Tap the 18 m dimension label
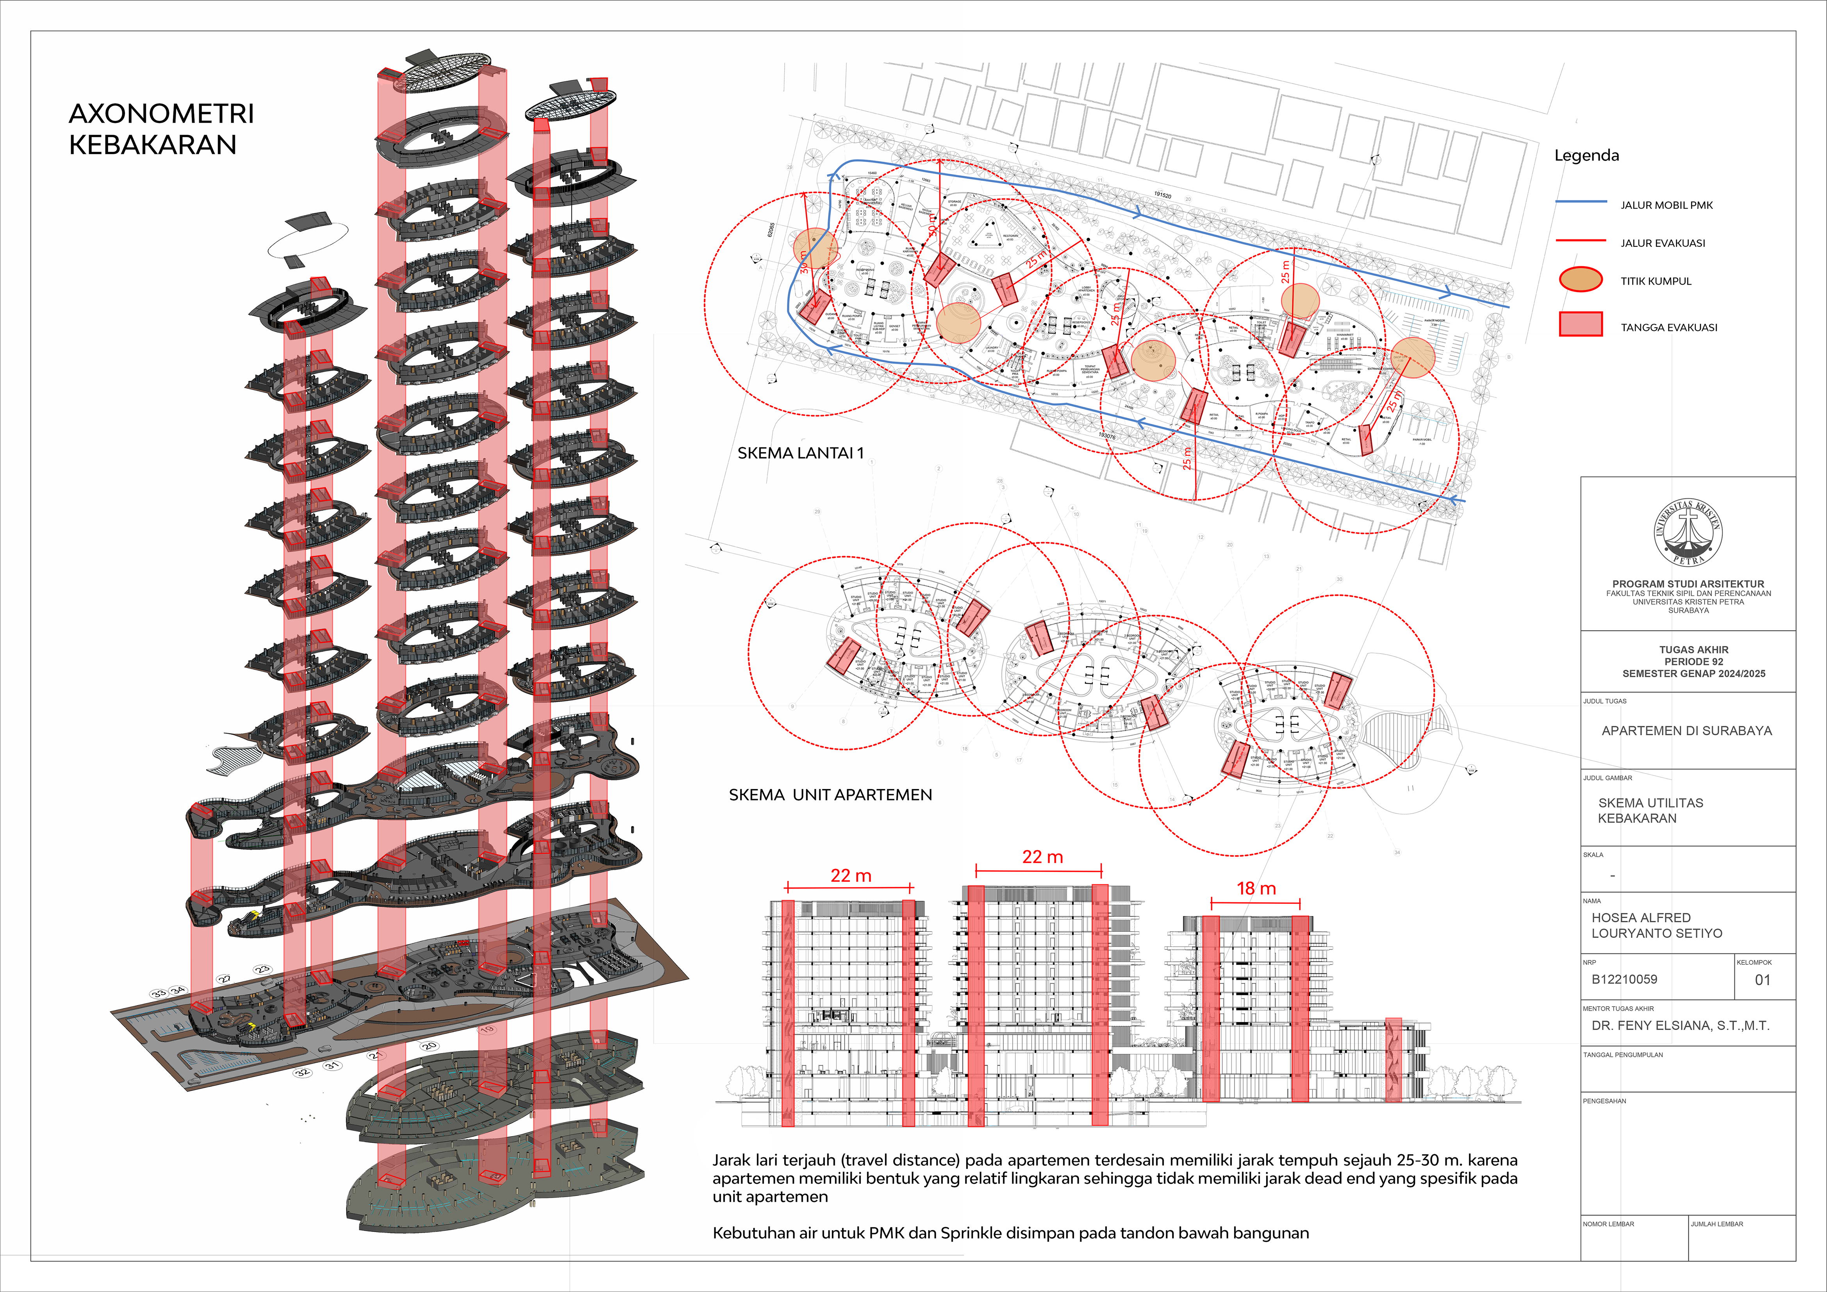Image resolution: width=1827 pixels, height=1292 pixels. (x=1256, y=889)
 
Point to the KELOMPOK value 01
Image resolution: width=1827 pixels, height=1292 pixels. (x=1763, y=980)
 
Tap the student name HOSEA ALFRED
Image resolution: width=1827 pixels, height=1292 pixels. (x=1641, y=917)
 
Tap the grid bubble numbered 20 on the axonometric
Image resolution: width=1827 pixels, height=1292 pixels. (x=430, y=1045)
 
